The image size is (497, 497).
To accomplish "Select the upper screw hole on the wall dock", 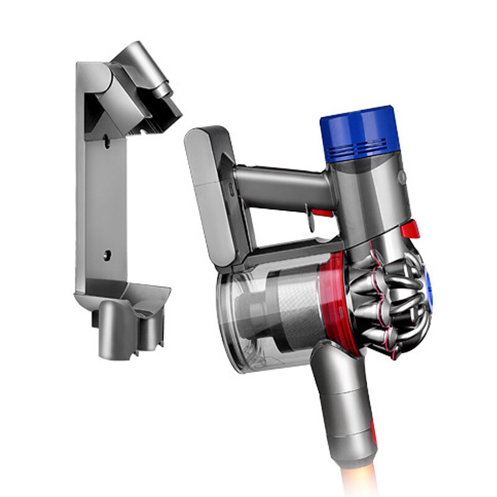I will (107, 142).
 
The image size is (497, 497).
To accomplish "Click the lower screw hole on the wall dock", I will (107, 254).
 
